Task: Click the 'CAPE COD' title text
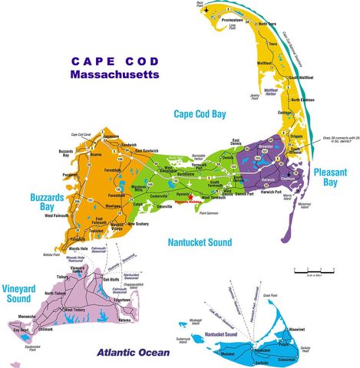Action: click(x=113, y=61)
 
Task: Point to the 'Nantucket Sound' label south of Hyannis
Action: click(x=199, y=242)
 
